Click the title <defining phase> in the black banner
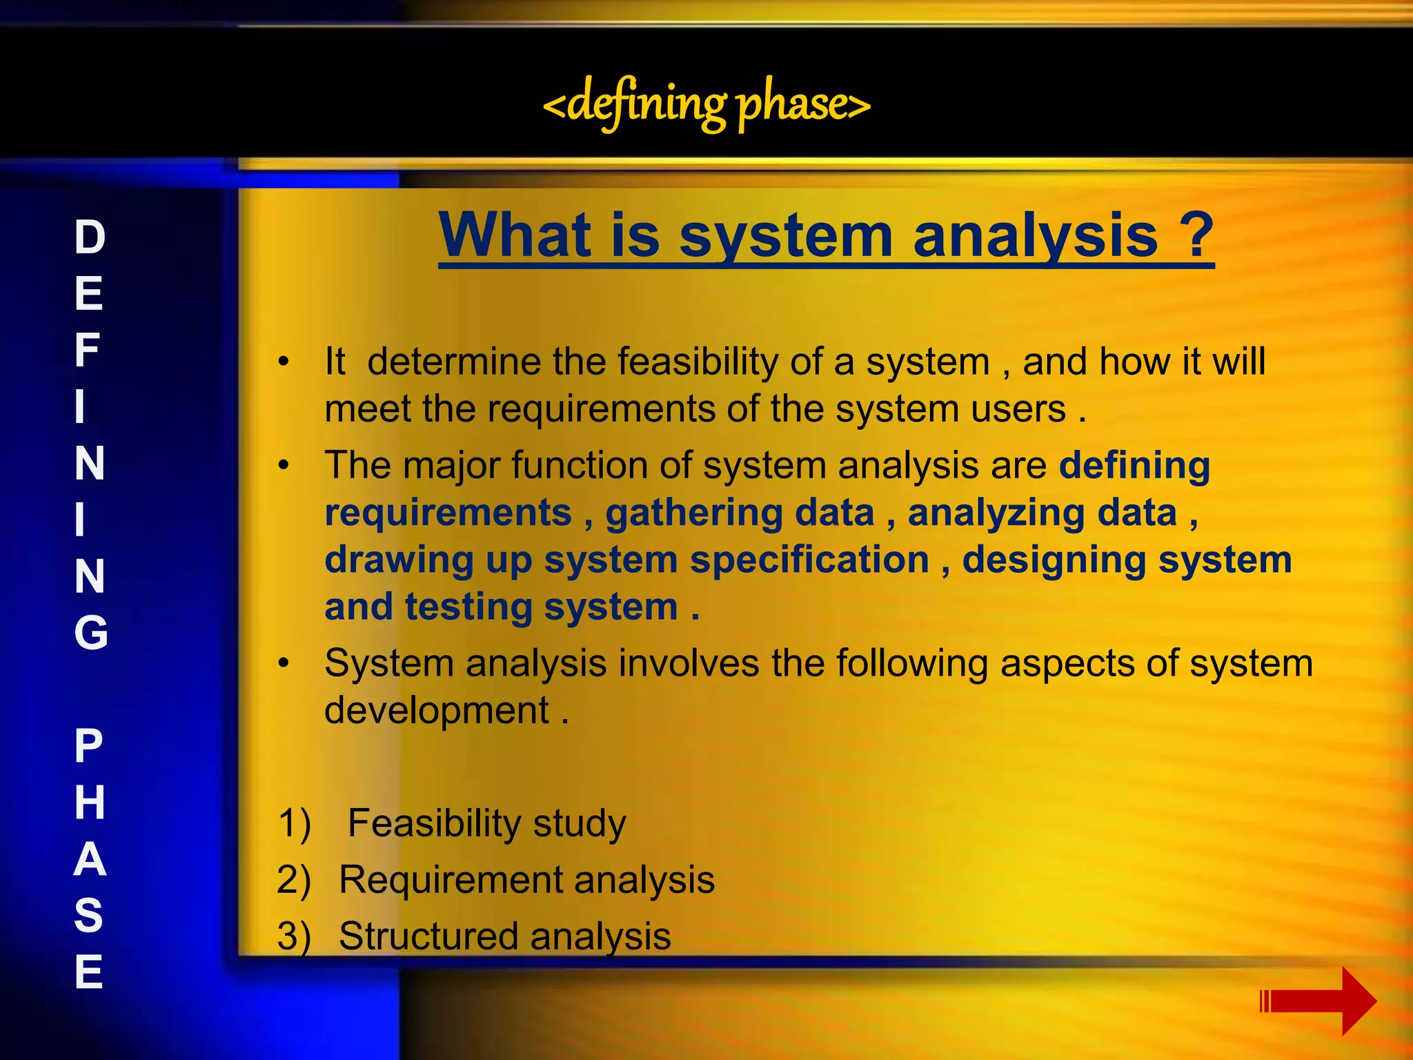coord(706,104)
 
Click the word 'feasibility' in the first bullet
coord(698,362)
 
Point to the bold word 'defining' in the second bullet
coord(1134,465)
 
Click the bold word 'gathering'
coord(693,513)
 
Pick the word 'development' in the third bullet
coord(437,711)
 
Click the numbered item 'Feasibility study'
coord(486,823)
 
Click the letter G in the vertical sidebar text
coord(90,633)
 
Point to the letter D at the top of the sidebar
coord(90,237)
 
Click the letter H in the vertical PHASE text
coord(90,803)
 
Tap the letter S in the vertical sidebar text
coord(89,915)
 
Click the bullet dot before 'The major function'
coord(284,466)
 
